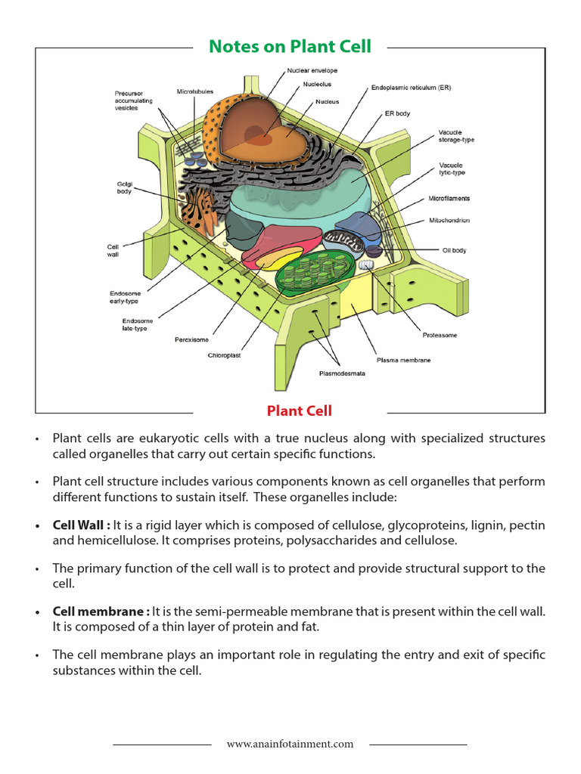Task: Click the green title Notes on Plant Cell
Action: coord(290,47)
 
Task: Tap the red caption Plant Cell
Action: coord(299,411)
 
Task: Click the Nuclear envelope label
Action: coord(312,70)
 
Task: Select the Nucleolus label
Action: coord(317,84)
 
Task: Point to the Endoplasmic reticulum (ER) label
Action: coord(411,88)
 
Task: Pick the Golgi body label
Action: coord(123,187)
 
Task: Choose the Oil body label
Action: coord(454,250)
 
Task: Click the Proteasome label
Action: coord(440,335)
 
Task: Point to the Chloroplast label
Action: coord(225,355)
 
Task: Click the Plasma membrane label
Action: coord(403,361)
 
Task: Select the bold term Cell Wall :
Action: coord(82,525)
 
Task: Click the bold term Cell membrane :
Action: coord(100,611)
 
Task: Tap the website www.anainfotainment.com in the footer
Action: coord(290,744)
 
